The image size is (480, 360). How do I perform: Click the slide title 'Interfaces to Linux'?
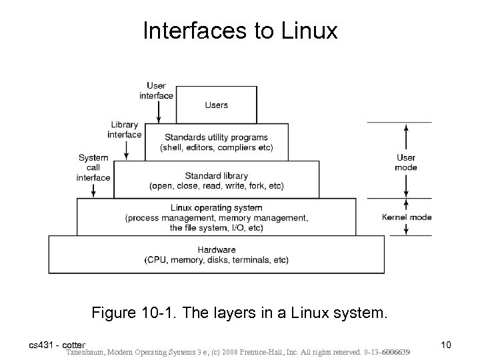[240, 31]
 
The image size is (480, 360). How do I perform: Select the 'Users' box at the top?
[217, 105]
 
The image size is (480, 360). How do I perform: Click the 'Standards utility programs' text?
[216, 137]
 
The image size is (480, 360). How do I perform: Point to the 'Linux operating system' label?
[217, 208]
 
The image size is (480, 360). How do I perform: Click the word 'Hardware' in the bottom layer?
[217, 249]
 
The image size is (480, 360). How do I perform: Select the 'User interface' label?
[156, 90]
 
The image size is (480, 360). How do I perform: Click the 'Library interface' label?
[125, 129]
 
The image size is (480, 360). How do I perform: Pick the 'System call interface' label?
[94, 167]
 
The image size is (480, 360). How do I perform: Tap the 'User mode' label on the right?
[405, 163]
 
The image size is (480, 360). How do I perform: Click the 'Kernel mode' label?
[406, 217]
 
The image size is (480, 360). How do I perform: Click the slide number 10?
[446, 345]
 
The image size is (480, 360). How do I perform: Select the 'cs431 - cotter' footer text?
[57, 345]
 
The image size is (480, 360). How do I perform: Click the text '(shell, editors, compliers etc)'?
[216, 147]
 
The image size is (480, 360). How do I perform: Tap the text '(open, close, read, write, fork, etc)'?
[217, 186]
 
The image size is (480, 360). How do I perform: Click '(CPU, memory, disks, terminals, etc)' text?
[217, 259]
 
